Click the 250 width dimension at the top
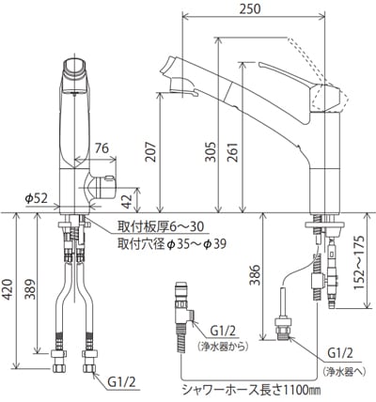tap(250, 9)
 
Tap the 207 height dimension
tap(151, 152)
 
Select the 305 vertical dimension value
tap(211, 152)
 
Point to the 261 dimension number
tap(233, 152)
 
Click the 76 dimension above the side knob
tap(101, 148)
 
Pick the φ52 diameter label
tap(37, 198)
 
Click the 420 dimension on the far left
tap(8, 288)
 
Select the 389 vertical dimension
tap(30, 288)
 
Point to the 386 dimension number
tap(255, 275)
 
